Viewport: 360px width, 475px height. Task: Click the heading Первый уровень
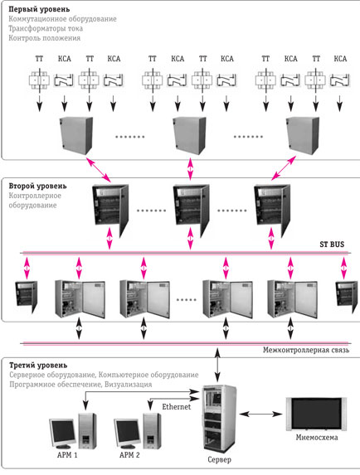point(39,9)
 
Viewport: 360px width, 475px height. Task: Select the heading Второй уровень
point(37,186)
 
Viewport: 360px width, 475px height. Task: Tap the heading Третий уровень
point(38,366)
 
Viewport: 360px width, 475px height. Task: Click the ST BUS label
point(332,245)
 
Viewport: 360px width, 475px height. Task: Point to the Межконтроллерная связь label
point(306,350)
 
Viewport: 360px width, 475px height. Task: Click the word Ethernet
point(177,406)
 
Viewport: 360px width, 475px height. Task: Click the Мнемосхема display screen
point(316,414)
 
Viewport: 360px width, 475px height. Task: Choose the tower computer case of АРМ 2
point(152,431)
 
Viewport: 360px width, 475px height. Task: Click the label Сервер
point(219,459)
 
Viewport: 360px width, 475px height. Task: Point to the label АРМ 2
point(129,455)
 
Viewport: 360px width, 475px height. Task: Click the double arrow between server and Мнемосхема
point(260,414)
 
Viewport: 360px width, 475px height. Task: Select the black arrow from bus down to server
point(217,365)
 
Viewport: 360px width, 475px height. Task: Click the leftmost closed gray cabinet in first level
point(76,135)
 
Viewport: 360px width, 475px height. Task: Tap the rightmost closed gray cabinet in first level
point(303,135)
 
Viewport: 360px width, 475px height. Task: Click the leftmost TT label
point(39,59)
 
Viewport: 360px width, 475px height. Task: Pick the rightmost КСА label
point(340,59)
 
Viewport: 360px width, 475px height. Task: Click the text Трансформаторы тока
point(46,28)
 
